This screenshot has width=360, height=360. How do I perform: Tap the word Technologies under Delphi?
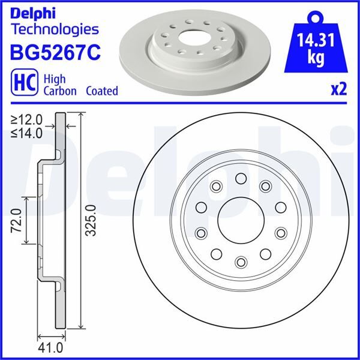click(x=55, y=29)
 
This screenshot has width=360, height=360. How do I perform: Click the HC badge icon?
click(x=22, y=83)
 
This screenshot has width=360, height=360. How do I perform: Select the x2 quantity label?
click(x=339, y=90)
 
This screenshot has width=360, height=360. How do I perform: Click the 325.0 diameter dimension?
click(x=91, y=220)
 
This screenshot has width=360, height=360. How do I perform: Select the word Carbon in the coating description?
click(x=59, y=91)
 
